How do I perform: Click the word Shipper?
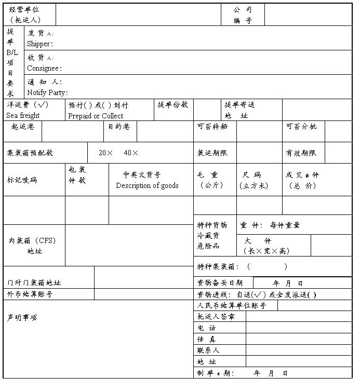(39, 44)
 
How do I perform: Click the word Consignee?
(44, 68)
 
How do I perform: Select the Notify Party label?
(47, 92)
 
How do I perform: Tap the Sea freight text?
(23, 115)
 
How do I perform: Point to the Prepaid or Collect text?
(96, 116)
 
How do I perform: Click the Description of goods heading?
(147, 185)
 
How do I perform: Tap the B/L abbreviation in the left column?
(12, 52)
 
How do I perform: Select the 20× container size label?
(106, 153)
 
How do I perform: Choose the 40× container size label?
(131, 153)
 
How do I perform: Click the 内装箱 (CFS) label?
(32, 240)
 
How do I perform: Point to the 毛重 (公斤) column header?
(211, 180)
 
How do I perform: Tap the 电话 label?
(207, 328)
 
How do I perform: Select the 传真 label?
(207, 339)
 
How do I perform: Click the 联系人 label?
(208, 350)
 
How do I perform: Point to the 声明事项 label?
(22, 317)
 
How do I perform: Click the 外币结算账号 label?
(30, 294)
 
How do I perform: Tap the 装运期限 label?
(212, 153)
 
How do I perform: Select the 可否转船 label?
(212, 126)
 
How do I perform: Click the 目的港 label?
(119, 126)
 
